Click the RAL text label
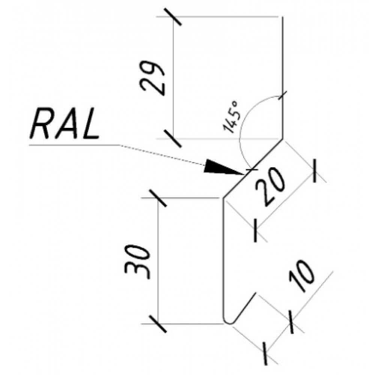tap(64, 124)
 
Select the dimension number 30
tap(137, 262)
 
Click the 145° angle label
tap(231, 117)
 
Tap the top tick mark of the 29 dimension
tap(172, 17)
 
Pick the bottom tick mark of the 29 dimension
tap(172, 139)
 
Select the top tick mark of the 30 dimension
tap(157, 198)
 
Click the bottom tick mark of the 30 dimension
tap(157, 324)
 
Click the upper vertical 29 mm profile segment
tap(283, 78)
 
